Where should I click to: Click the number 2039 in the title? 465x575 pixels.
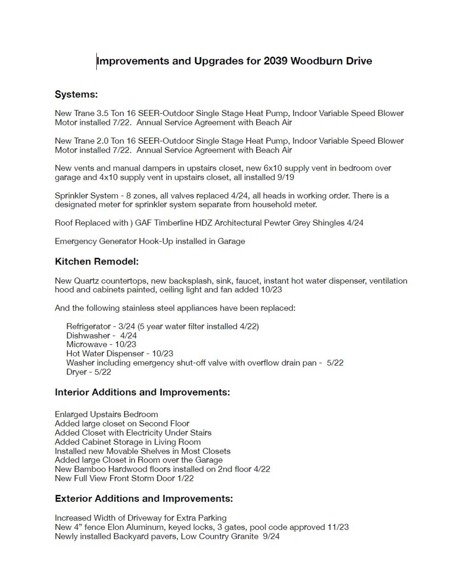(275, 61)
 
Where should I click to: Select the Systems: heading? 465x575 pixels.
(76, 94)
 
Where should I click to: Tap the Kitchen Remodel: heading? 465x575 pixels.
(97, 261)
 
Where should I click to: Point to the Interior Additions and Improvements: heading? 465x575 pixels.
(142, 392)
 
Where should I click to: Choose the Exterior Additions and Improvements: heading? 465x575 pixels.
(144, 498)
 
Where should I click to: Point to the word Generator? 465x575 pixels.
(118, 241)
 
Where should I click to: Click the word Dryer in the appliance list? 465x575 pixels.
(76, 372)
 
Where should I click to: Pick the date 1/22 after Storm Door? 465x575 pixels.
(185, 478)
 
